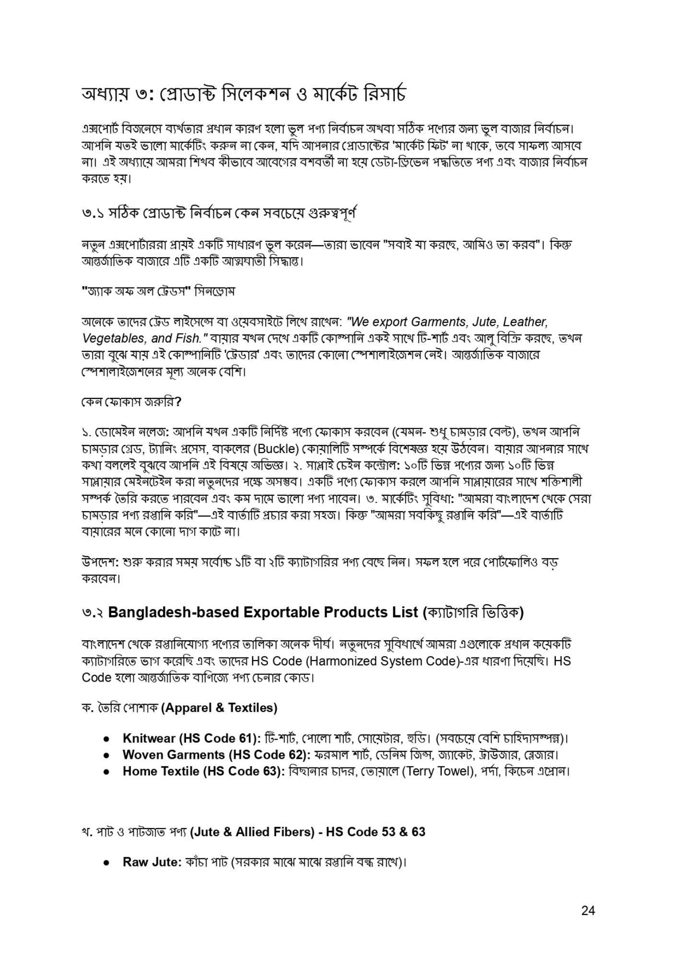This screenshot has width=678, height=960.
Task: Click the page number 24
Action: [x=588, y=910]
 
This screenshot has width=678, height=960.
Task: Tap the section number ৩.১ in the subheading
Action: [x=93, y=212]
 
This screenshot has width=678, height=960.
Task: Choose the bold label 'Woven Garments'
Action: [x=174, y=755]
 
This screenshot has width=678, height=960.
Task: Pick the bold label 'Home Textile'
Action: [x=161, y=771]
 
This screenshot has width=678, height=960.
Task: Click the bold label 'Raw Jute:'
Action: [x=152, y=862]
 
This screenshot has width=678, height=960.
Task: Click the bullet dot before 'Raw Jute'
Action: [x=107, y=863]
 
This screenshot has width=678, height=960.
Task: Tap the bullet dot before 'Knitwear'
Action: [x=107, y=738]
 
